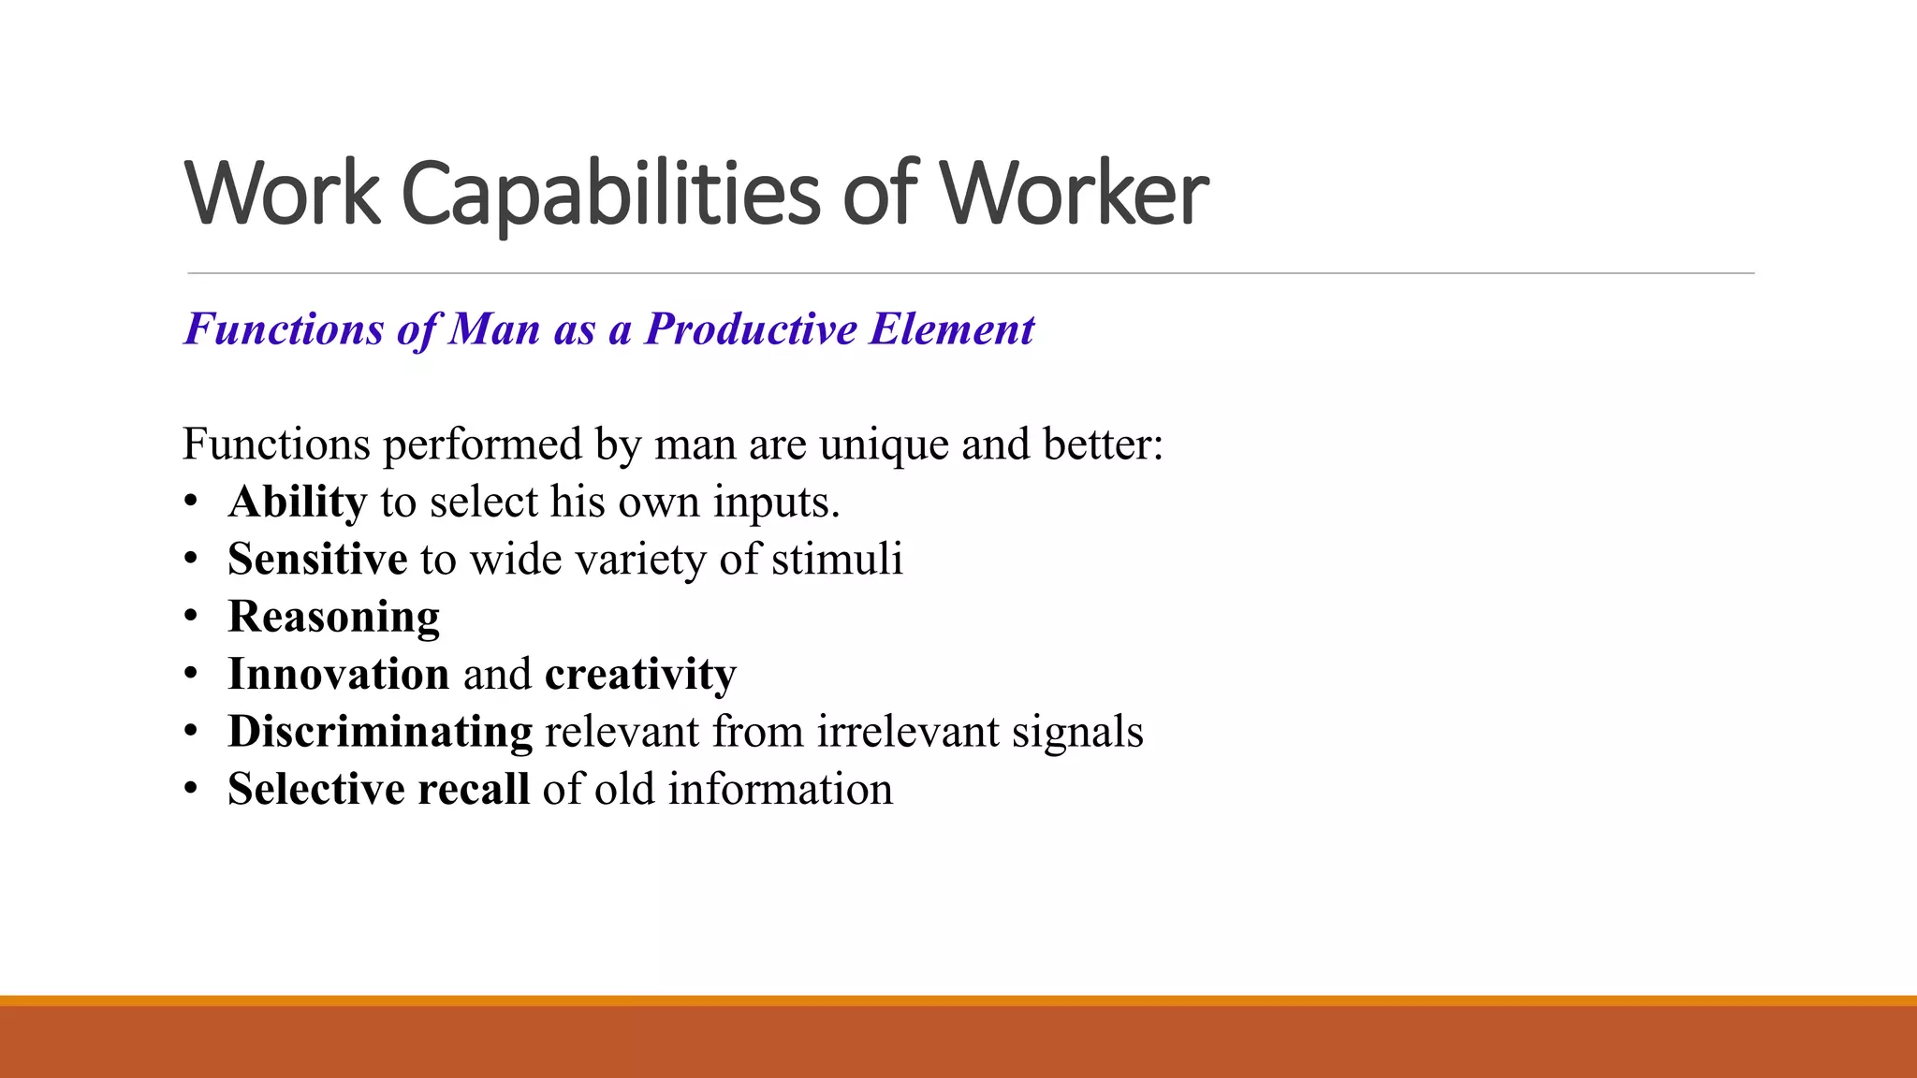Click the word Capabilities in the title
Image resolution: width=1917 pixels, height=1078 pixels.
pos(611,195)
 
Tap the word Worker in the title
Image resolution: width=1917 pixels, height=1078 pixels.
pos(1074,195)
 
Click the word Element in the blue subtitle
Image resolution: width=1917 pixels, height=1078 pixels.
pos(952,329)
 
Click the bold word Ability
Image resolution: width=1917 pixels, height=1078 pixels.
pos(297,503)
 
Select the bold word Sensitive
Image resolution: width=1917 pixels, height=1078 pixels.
pos(317,560)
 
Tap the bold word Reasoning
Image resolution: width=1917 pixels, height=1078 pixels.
pos(333,618)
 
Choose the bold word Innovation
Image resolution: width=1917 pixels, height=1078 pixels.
pos(338,675)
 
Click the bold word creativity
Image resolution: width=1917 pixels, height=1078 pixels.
pos(640,675)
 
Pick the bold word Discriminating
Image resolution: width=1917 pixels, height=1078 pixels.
pos(380,732)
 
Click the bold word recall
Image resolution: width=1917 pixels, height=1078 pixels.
pos(474,790)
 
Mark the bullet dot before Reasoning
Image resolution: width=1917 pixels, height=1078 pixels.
pos(191,617)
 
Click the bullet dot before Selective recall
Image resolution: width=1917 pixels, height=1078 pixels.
pos(191,789)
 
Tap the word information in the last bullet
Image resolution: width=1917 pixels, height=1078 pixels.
pos(780,790)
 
